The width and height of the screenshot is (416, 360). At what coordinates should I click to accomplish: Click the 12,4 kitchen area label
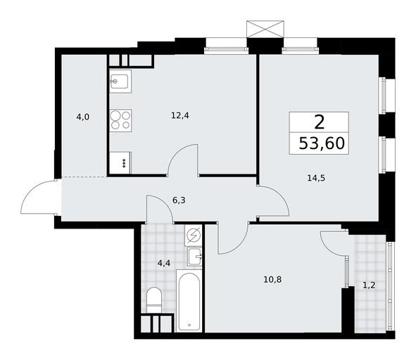click(x=180, y=115)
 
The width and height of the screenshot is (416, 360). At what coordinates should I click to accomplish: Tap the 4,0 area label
click(x=83, y=117)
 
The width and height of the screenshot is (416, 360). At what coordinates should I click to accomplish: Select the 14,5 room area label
click(x=316, y=178)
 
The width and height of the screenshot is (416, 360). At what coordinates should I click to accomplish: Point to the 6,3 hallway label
click(x=179, y=200)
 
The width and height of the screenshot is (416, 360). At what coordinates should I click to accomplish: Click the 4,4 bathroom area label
click(x=164, y=263)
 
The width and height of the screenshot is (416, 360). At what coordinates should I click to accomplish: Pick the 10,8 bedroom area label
click(x=272, y=279)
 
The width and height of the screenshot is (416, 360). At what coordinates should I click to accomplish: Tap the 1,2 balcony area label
click(x=369, y=285)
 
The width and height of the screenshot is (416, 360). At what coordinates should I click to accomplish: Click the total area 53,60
click(x=322, y=143)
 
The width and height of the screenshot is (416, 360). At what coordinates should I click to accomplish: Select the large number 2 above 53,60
click(x=319, y=123)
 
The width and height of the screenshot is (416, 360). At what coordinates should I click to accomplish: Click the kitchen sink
click(x=120, y=82)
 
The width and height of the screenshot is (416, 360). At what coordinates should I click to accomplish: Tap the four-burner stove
click(x=120, y=121)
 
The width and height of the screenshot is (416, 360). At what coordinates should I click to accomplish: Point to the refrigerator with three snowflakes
click(x=120, y=162)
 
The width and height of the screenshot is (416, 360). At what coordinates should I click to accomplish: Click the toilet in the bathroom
click(x=154, y=300)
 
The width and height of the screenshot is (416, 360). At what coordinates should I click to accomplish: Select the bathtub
click(x=189, y=301)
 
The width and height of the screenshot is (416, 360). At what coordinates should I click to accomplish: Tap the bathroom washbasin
click(x=195, y=257)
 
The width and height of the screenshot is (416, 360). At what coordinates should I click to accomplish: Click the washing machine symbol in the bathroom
click(x=194, y=236)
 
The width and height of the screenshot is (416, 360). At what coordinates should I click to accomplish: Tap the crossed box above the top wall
click(x=265, y=29)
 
